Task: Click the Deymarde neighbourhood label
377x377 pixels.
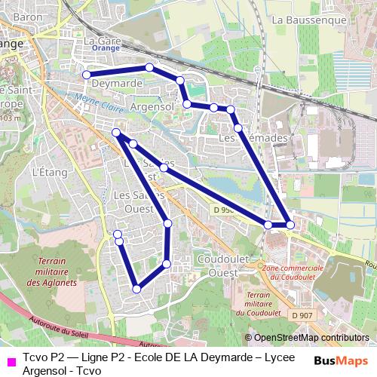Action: [x=118, y=83]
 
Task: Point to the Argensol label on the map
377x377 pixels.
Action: [x=153, y=106]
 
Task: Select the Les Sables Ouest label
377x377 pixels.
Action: [x=134, y=200]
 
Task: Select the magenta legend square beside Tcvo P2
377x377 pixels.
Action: [x=9, y=360]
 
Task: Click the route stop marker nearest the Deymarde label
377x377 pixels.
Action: [x=87, y=75]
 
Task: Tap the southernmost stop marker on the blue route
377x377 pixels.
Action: [x=136, y=288]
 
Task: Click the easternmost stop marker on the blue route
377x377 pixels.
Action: [x=290, y=225]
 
